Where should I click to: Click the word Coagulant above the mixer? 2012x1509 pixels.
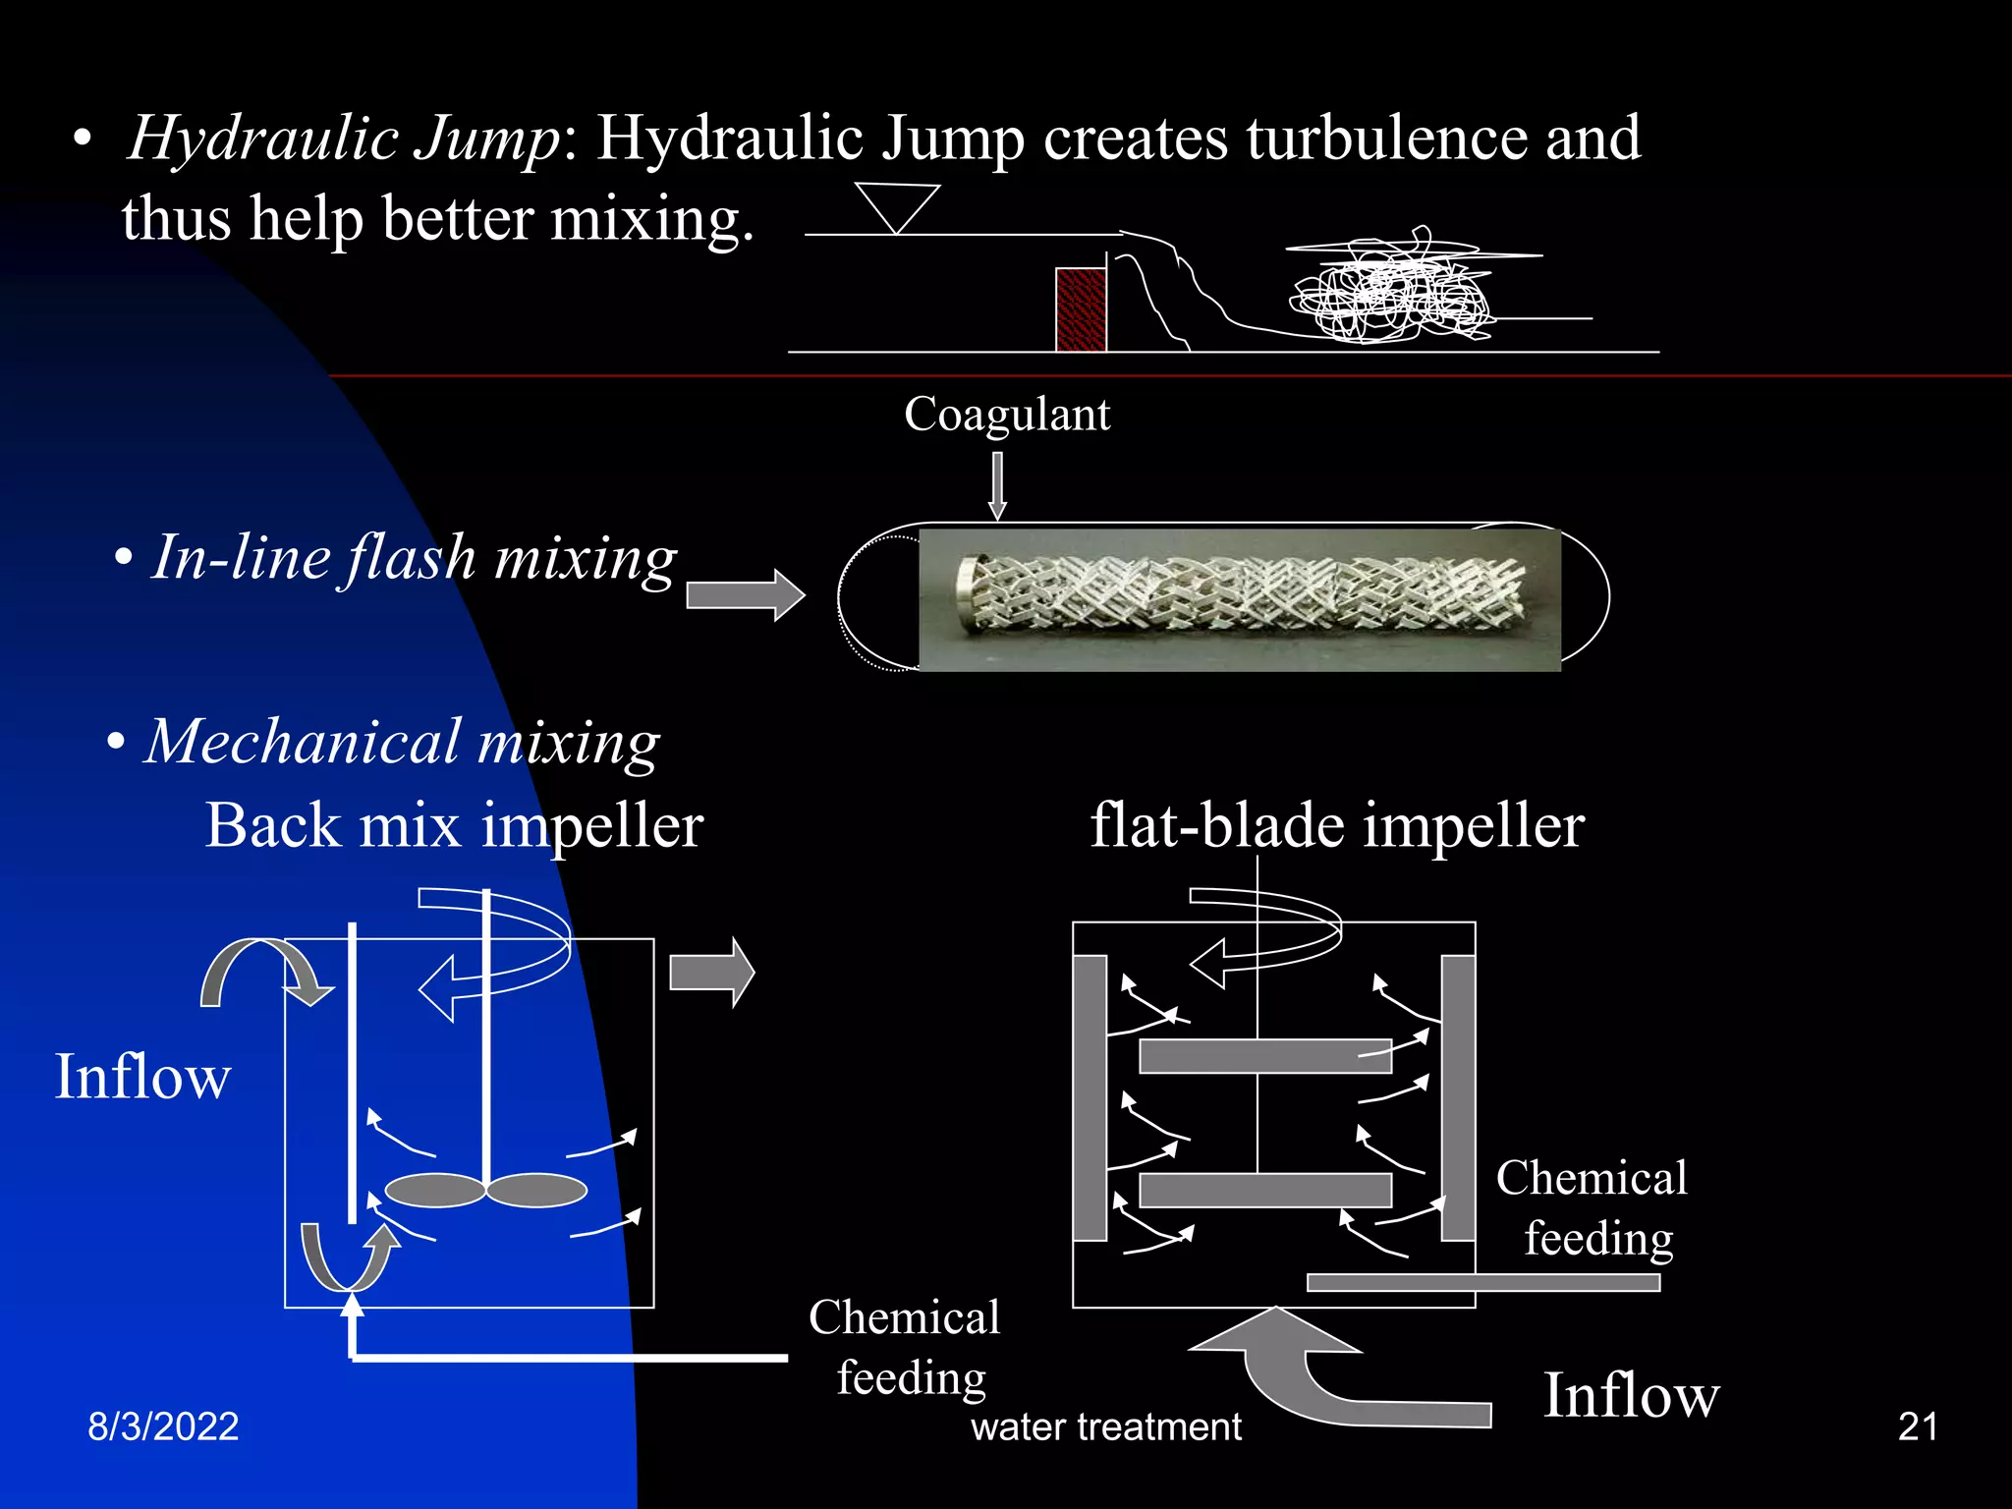(x=1007, y=415)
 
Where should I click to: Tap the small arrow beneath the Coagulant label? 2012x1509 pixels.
(x=997, y=485)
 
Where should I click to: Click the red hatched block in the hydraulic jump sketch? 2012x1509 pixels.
(x=1081, y=309)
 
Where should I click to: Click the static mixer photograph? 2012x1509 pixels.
(x=1239, y=599)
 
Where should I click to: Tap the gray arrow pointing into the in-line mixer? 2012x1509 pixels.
(x=745, y=594)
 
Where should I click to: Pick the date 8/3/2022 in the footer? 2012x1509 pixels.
(x=163, y=1426)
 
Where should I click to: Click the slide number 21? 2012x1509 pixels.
(x=1918, y=1426)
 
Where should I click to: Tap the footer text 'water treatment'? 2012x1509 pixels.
(x=1106, y=1426)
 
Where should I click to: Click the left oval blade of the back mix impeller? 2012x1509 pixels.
(x=435, y=1190)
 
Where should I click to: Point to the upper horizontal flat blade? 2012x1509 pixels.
(x=1265, y=1056)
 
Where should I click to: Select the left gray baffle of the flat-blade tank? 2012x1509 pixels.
(x=1090, y=1097)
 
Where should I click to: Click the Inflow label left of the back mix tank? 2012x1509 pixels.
(x=142, y=1077)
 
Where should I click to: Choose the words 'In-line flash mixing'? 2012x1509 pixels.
(x=414, y=558)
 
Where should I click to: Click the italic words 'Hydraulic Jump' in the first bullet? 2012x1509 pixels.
(x=344, y=138)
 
